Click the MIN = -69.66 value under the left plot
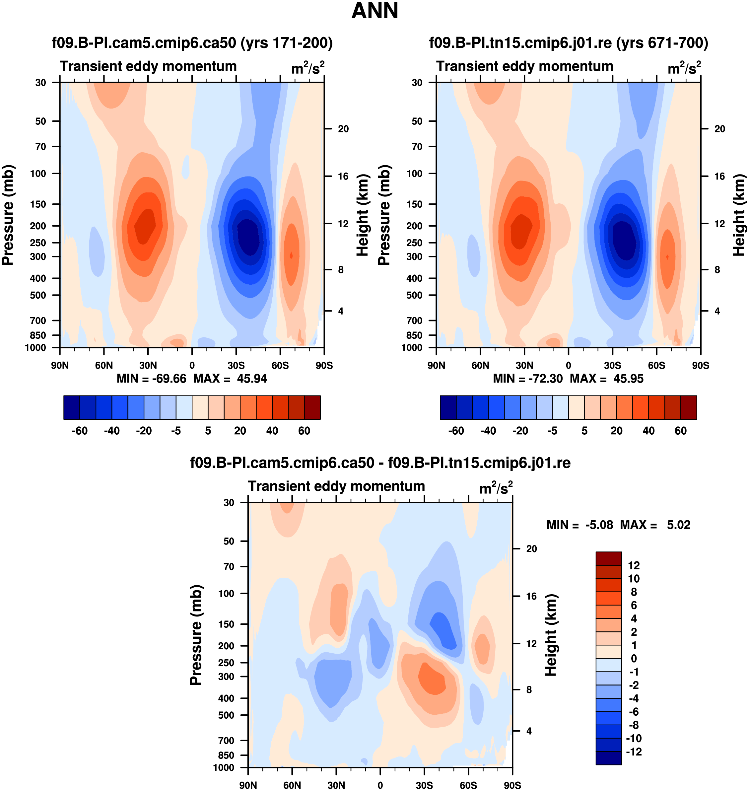click(x=151, y=379)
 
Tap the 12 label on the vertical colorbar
click(x=634, y=565)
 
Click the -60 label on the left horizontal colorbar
click(x=80, y=431)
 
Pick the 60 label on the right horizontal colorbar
click(x=680, y=431)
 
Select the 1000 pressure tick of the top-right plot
click(x=412, y=348)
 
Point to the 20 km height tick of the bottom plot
click(x=531, y=549)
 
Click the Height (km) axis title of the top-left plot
click(x=362, y=215)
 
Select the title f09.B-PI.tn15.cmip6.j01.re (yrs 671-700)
click(x=569, y=43)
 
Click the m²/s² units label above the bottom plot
click(x=496, y=487)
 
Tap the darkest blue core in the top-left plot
click(x=248, y=238)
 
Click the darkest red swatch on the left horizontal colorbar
click(x=312, y=408)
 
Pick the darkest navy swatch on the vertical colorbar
click(x=608, y=758)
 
